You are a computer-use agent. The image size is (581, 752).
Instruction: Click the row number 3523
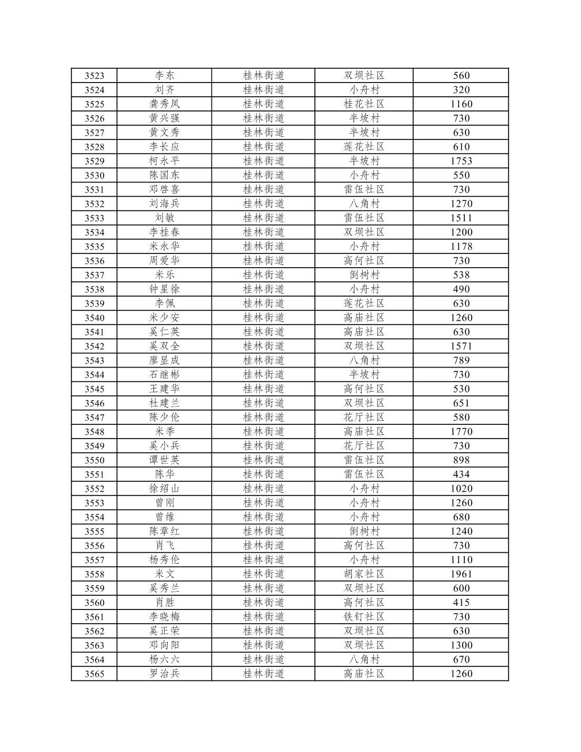pos(94,76)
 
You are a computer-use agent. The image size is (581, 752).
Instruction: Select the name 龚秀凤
pos(164,104)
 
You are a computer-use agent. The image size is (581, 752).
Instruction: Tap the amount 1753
pos(461,161)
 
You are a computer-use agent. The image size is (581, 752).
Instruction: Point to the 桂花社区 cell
pos(364,104)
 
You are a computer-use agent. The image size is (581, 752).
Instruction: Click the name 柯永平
pos(164,161)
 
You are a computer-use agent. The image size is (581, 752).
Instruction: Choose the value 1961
pos(461,574)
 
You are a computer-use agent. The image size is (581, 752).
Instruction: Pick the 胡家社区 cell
pos(364,574)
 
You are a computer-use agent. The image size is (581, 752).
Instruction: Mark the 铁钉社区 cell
pos(364,617)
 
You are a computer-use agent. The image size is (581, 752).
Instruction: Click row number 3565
pos(94,674)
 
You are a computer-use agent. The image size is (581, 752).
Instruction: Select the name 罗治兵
pos(164,674)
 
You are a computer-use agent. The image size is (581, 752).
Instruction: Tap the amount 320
pos(461,90)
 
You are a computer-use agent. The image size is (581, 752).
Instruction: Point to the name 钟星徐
pos(164,289)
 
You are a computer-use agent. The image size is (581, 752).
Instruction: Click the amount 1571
pos(461,346)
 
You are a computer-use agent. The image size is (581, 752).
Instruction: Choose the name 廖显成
pos(164,360)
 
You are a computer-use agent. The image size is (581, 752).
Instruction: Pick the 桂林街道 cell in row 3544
pos(263,374)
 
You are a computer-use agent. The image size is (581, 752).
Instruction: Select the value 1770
pos(461,432)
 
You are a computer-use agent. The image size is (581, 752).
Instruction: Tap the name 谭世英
pos(164,460)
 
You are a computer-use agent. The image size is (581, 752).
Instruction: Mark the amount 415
pos(461,603)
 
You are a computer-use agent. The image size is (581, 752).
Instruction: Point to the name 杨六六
pos(164,659)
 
